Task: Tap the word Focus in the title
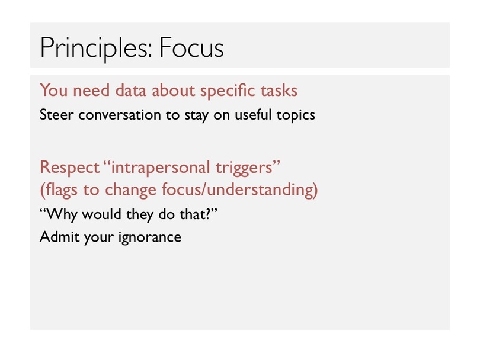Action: pos(191,47)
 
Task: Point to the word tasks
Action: pos(279,91)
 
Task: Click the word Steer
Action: pos(57,115)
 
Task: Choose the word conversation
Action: pos(120,115)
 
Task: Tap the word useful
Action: pos(253,115)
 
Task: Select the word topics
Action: pos(296,115)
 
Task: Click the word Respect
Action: pos(69,168)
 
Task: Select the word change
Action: pos(130,190)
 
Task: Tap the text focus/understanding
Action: pos(239,190)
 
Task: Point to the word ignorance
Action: pos(150,237)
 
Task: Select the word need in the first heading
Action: pos(91,91)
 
